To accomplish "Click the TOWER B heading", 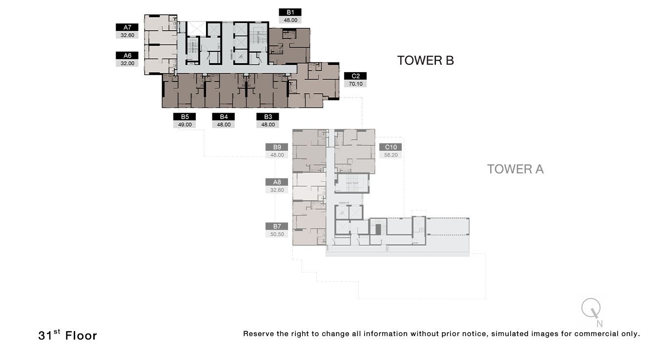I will pos(425,60).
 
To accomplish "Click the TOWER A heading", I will pos(515,169).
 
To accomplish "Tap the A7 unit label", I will pos(127,27).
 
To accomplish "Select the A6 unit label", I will pos(127,56).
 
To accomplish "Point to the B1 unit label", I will pos(290,12).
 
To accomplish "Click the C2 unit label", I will pos(355,76).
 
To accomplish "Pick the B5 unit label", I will pos(185,117).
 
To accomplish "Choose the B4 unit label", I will pos(224,117).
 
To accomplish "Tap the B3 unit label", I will pos(268,117).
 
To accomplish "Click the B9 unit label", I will pos(277,147).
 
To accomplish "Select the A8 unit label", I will pos(277,182).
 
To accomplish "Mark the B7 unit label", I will pos(277,226).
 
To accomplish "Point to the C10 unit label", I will pos(391,147).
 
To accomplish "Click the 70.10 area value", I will pos(355,84).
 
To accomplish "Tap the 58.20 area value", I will pos(391,155).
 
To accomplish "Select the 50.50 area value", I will pos(277,234).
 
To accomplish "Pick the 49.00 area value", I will pos(185,124).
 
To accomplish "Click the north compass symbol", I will pos(591,310).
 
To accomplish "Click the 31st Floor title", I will pos(67,335).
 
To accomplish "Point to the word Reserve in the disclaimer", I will pos(258,334).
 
